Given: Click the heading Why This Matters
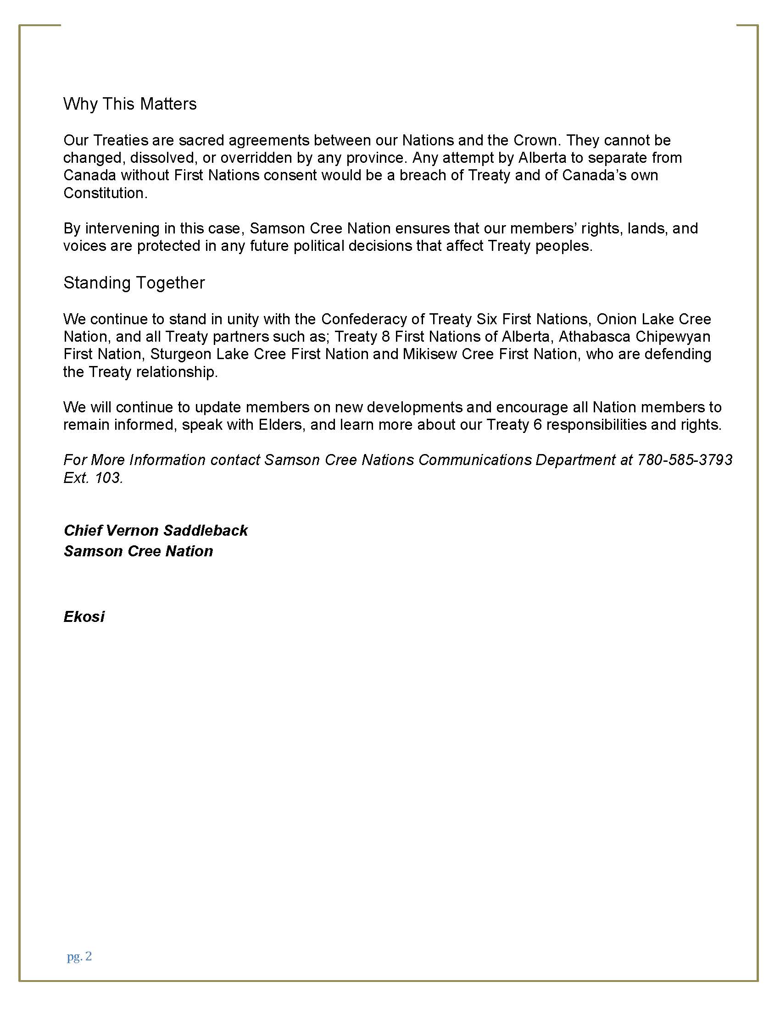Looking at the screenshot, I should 130,104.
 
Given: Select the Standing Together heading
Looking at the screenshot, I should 134,283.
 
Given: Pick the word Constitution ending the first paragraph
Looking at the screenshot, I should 105,193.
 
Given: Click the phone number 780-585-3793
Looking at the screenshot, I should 685,460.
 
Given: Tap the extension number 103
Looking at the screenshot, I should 108,477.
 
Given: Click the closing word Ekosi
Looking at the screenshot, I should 84,617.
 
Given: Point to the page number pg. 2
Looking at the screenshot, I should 79,956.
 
